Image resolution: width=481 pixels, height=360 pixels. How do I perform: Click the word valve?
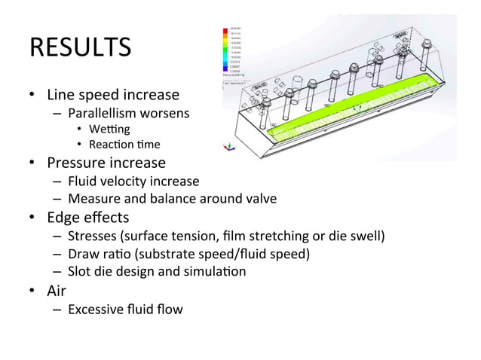click(259, 199)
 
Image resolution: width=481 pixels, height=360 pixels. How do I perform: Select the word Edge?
click(63, 218)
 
